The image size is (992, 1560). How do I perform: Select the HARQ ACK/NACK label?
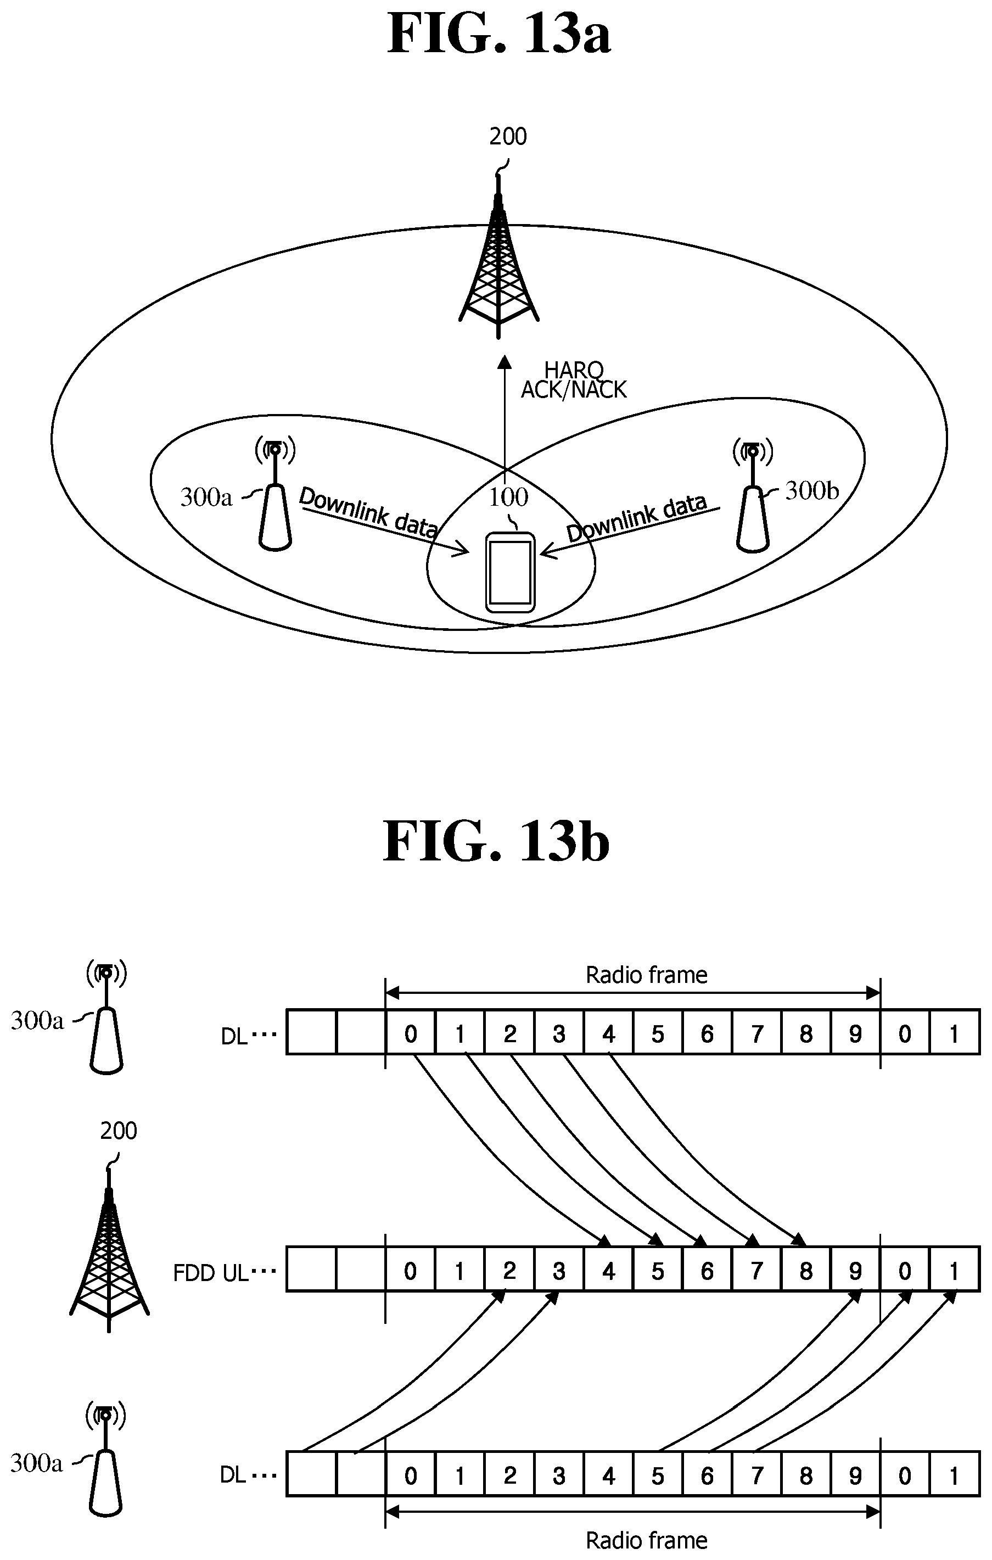[574, 381]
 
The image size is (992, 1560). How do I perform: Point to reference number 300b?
[811, 491]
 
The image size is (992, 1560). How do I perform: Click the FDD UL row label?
[210, 1272]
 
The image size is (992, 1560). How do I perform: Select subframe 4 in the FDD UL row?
[609, 1271]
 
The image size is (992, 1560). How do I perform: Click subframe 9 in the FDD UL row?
[855, 1271]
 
